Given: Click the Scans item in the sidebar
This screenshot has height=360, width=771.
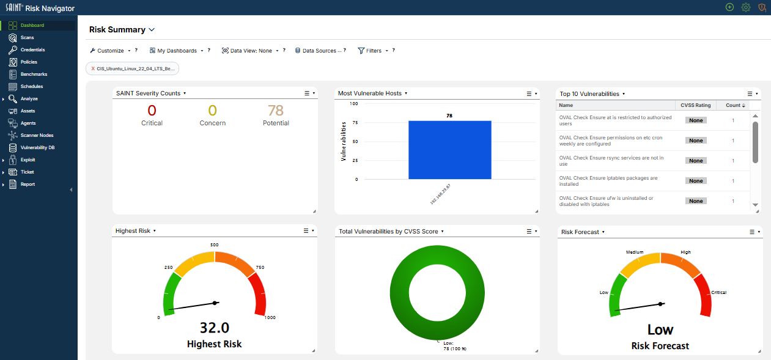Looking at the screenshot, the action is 27,37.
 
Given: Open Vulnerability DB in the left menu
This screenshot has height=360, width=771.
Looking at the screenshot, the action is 37,148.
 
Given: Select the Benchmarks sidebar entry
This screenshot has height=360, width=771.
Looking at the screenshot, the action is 34,75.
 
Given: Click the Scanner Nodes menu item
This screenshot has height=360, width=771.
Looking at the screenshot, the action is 37,135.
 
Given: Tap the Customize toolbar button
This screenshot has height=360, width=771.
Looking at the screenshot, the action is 110,51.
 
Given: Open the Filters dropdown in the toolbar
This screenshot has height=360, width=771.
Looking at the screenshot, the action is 374,51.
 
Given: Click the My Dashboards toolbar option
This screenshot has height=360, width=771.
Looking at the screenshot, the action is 177,51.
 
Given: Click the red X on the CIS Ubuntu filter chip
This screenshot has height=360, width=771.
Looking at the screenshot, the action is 92,68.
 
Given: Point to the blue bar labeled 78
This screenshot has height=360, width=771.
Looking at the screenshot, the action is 449,150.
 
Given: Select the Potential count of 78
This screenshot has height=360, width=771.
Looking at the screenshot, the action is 276,111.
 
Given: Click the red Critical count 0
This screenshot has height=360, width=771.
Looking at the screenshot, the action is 152,111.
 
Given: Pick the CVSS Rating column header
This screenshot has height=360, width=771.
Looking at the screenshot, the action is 695,105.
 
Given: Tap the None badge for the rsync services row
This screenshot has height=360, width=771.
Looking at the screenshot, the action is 696,161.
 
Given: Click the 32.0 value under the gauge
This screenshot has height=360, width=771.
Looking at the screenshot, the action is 215,328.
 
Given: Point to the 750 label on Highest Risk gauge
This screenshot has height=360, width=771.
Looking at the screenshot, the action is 260,268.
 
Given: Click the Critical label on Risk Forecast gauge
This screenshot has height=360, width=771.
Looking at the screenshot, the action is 718,293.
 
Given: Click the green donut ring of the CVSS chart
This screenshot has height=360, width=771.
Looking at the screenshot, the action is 400,293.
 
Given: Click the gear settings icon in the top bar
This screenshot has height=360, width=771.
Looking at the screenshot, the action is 745,7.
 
